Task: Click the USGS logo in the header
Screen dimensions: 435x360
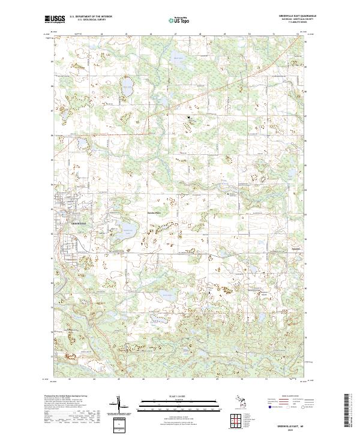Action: [x=52, y=20]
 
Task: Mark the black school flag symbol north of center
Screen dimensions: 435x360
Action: [x=190, y=117]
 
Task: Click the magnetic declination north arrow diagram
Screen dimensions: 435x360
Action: [x=118, y=404]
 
